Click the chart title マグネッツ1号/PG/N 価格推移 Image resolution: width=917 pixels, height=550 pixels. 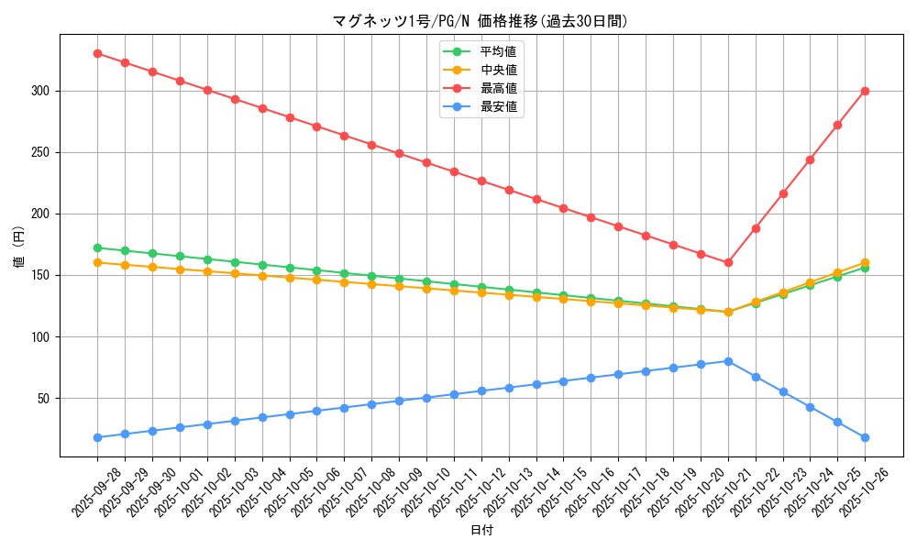(481, 21)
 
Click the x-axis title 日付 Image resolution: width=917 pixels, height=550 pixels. (481, 531)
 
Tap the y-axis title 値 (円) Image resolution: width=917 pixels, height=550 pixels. (19, 246)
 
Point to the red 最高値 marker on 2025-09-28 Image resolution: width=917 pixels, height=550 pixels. (97, 53)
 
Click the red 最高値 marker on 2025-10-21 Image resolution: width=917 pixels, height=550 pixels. (728, 262)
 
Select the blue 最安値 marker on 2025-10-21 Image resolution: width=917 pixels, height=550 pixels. (728, 361)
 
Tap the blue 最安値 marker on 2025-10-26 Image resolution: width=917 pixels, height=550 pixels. (865, 437)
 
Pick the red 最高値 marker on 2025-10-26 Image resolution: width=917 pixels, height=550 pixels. (865, 91)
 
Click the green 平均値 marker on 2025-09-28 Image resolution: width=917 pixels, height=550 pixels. (97, 247)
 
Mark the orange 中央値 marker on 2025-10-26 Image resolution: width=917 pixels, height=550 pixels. (865, 262)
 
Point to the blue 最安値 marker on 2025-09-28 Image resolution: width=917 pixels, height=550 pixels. (97, 437)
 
